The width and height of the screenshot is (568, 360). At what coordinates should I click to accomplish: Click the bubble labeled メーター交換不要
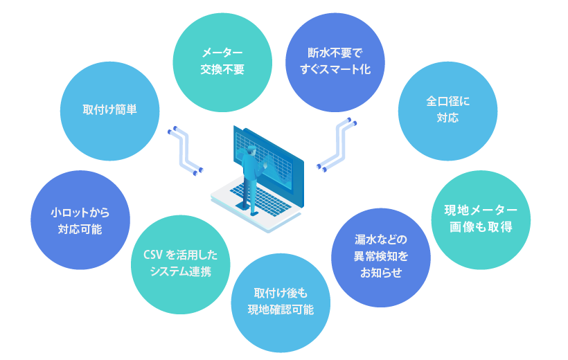tap(222, 61)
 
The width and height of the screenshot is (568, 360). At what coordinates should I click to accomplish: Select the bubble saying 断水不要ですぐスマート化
tap(336, 61)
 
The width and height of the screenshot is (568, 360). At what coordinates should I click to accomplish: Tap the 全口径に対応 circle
tap(447, 109)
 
